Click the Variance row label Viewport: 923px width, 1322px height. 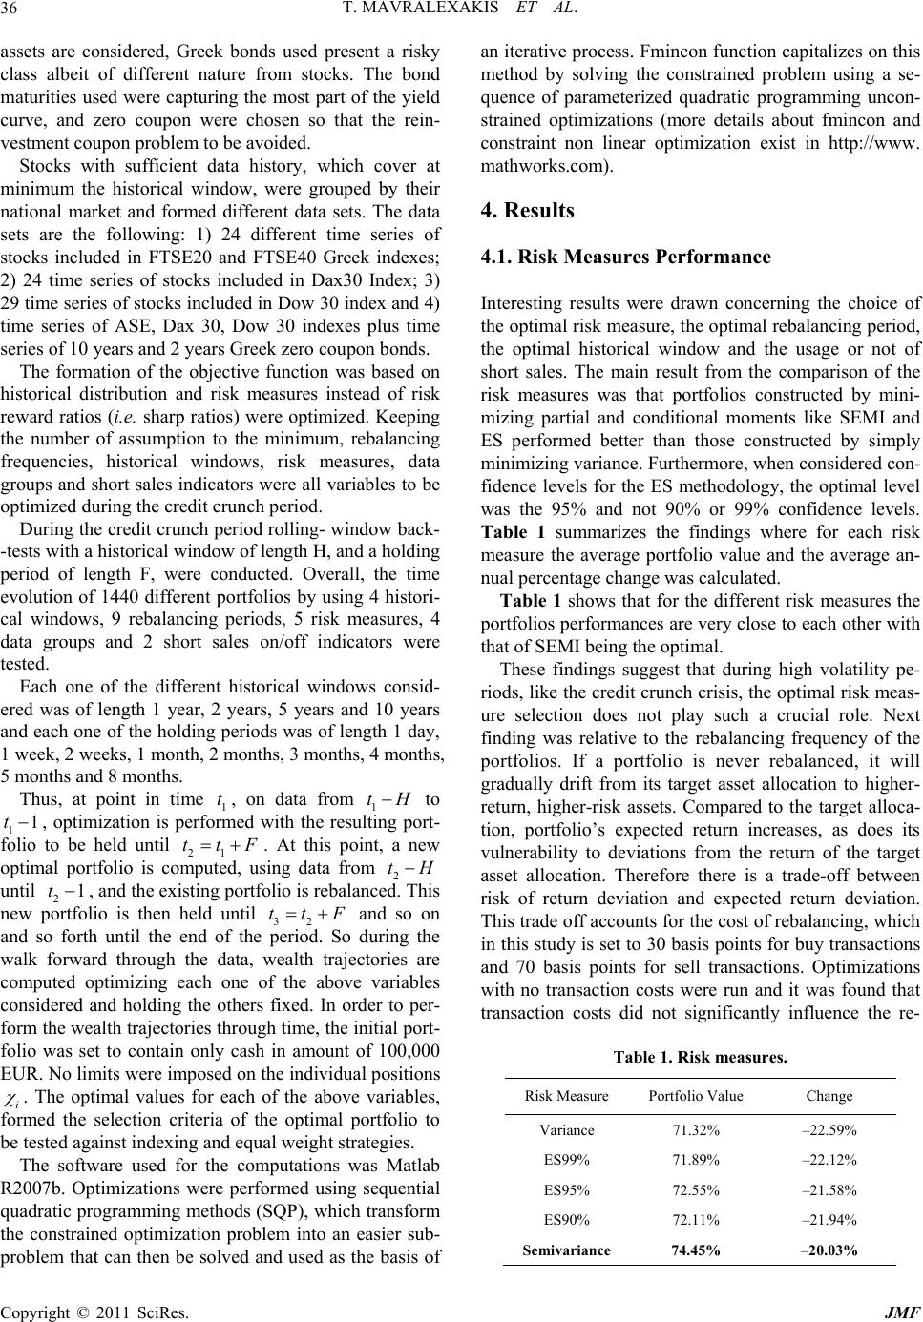tap(566, 1130)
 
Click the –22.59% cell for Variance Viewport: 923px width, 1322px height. tap(829, 1130)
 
